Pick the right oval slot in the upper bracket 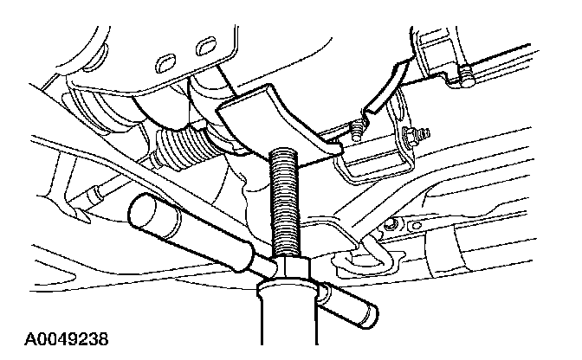[x=205, y=45]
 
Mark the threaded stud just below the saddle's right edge [x=355, y=131]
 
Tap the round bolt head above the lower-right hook [x=389, y=226]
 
